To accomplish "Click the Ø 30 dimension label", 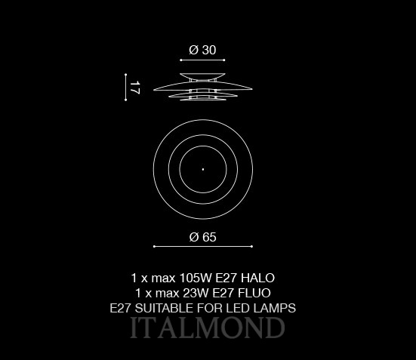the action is [x=202, y=50].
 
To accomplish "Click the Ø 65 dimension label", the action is [x=202, y=237].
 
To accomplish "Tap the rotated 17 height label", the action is [x=134, y=88].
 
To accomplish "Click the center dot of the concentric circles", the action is [x=203, y=169].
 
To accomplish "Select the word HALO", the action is [x=257, y=278].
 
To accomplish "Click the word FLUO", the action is [x=254, y=293].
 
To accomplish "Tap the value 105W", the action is [x=196, y=278].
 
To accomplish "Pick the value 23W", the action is [x=196, y=293].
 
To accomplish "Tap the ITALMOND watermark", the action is [x=208, y=328].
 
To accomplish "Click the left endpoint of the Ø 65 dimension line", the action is [x=154, y=247].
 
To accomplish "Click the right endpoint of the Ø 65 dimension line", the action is [x=251, y=247].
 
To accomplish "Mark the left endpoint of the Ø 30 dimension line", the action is [x=180, y=60].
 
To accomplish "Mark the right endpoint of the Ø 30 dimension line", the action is [x=224, y=60].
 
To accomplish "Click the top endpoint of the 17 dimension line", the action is [x=126, y=75].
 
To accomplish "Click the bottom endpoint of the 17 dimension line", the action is [x=126, y=100].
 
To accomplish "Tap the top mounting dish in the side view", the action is [x=202, y=76].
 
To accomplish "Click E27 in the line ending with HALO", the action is [x=226, y=278].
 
